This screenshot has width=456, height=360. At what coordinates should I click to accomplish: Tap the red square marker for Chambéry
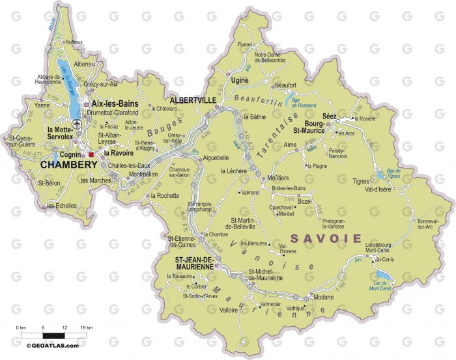click(x=92, y=154)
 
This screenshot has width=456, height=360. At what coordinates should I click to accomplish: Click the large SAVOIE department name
click(x=326, y=238)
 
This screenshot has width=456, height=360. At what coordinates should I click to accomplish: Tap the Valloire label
click(x=229, y=311)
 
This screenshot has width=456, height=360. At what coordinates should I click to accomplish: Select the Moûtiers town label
click(x=279, y=178)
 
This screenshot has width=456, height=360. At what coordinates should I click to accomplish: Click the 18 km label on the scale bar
click(x=84, y=327)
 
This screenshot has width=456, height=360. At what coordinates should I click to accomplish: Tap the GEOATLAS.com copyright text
click(x=53, y=345)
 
